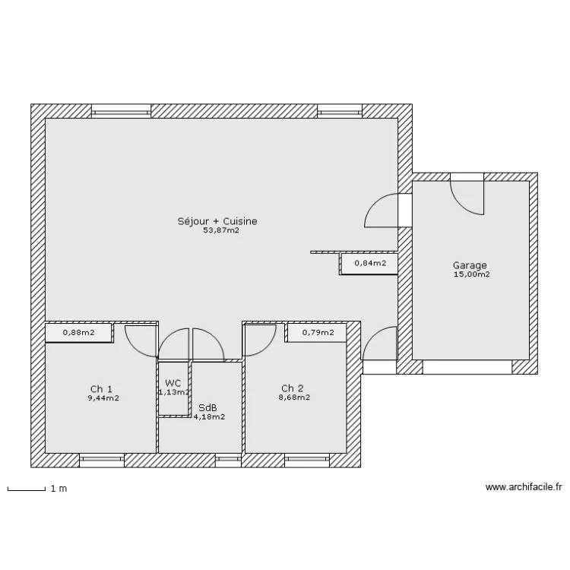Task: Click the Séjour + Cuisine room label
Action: pos(217,221)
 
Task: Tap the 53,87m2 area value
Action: pos(221,230)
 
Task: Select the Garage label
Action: pos(470,266)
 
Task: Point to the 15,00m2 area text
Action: pos(471,274)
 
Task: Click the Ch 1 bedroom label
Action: pos(101,389)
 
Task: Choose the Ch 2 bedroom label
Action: pos(293,388)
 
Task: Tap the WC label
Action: pos(173,383)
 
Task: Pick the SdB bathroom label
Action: pos(207,408)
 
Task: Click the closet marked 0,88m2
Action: pos(78,333)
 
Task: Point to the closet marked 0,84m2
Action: pos(369,263)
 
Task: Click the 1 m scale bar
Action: pos(26,489)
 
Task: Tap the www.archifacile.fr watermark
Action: pos(524,487)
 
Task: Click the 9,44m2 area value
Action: pos(103,398)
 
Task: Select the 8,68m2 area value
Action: pos(294,397)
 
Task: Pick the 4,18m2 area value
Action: pos(209,417)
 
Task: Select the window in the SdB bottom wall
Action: pos(228,461)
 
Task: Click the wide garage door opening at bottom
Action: pos(467,367)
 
